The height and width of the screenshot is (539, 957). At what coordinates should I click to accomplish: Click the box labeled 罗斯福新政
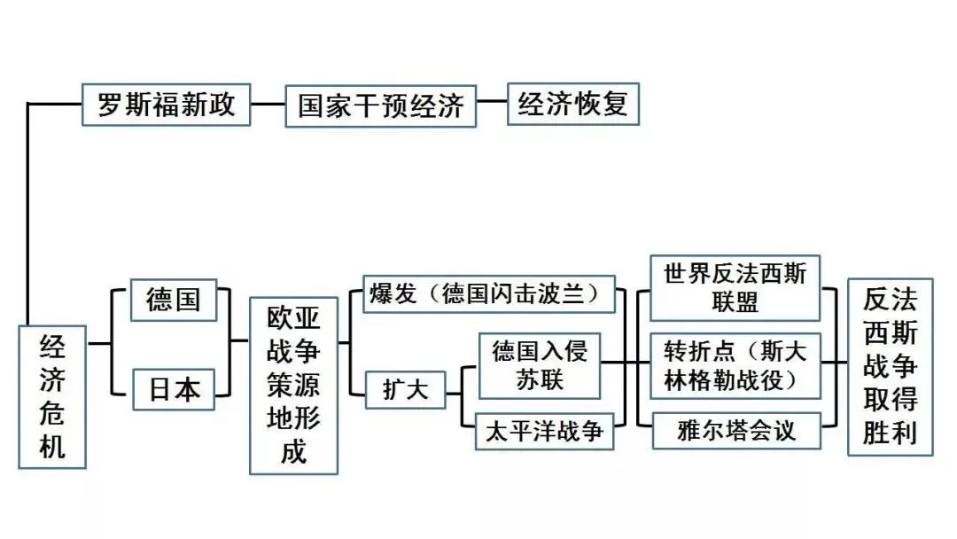[166, 105]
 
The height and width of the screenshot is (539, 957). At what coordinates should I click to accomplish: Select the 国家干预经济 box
[380, 106]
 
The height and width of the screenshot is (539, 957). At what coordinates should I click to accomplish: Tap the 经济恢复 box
[572, 105]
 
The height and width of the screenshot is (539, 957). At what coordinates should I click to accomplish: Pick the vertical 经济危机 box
[53, 396]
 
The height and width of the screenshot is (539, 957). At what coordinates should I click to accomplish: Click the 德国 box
[173, 299]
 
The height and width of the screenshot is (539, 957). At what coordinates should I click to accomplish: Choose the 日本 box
[173, 388]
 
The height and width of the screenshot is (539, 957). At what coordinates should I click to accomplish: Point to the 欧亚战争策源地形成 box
[293, 386]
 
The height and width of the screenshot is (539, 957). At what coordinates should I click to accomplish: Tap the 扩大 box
[404, 388]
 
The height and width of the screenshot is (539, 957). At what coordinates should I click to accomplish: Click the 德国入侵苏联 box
[540, 365]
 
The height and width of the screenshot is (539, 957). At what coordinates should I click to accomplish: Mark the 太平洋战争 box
[544, 432]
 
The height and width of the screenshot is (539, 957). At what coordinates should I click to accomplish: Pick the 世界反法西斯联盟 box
[735, 288]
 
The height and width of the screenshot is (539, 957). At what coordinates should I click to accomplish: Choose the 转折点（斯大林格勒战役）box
[735, 364]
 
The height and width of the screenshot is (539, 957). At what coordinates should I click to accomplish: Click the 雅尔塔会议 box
[735, 431]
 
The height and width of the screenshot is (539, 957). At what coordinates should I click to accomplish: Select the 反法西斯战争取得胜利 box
[890, 368]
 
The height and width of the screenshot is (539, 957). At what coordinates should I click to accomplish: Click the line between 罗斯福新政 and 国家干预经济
[268, 105]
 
